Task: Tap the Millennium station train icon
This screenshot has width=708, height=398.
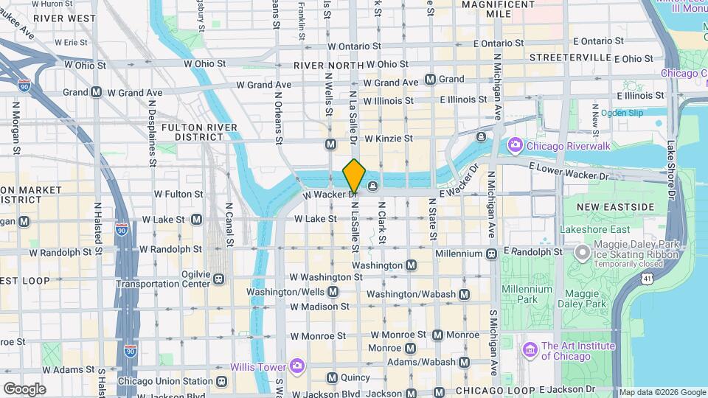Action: pos(491,254)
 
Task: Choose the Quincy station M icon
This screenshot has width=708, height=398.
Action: pos(331,377)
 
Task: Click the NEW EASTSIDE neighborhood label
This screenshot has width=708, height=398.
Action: pos(617,206)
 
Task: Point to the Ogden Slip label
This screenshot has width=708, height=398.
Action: pos(621,113)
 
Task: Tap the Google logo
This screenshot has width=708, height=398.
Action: pos(24,388)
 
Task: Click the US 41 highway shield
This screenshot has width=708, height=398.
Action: pos(647,279)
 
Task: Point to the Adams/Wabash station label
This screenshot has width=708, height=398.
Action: pos(423,362)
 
